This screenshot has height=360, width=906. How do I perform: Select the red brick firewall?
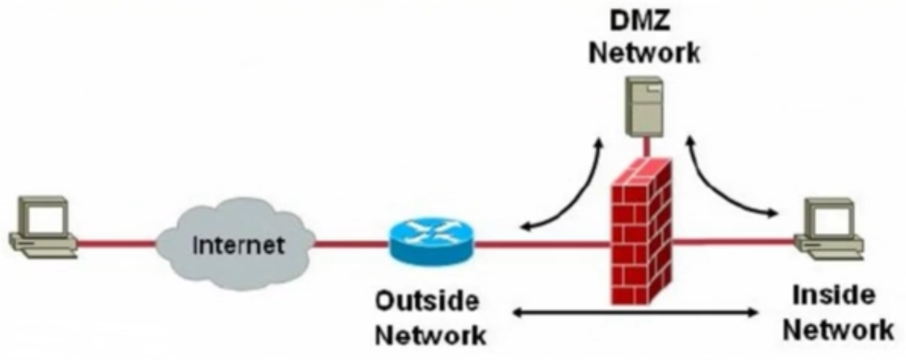[639, 235]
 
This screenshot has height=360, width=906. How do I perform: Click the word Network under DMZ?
[643, 53]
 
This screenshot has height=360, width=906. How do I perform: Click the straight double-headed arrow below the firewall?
[636, 311]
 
